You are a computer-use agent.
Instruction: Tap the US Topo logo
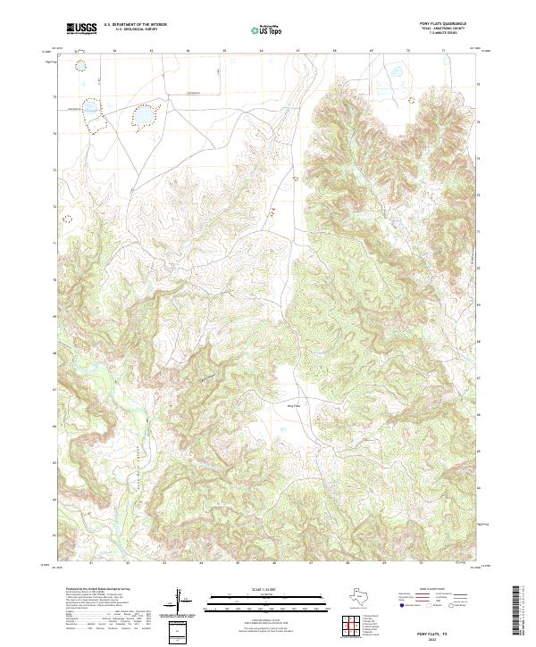267,30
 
